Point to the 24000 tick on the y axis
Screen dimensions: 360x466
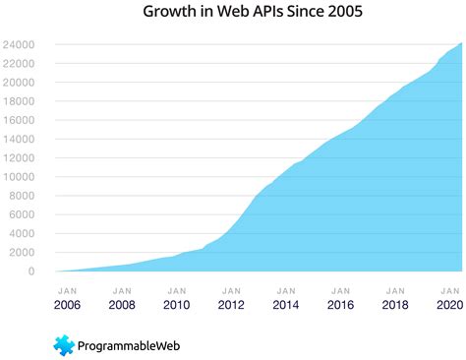[20, 45]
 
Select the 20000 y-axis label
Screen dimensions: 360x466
[20, 83]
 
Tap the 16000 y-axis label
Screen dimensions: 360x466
[20, 121]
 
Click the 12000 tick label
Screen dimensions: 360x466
[20, 158]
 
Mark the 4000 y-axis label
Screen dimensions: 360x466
[23, 234]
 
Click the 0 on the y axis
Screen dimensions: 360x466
[31, 271]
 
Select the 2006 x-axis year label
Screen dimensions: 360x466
[68, 306]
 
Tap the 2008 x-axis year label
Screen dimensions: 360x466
[122, 306]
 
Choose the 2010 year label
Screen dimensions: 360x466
[177, 306]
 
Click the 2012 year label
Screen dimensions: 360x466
[231, 306]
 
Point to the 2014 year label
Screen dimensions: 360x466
[286, 306]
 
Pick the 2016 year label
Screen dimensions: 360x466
[340, 306]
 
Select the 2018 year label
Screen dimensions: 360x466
[395, 306]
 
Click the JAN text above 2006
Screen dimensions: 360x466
[68, 290]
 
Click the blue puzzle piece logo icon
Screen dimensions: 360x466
[65, 344]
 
